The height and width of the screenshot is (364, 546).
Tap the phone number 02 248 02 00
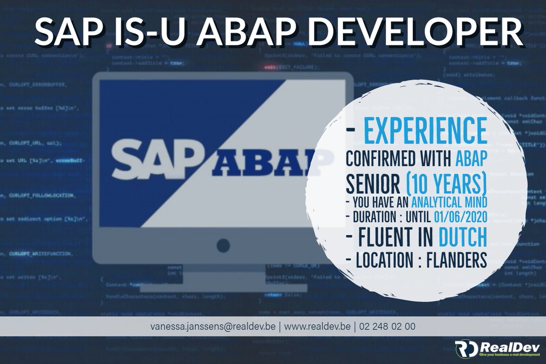pyautogui.click(x=386, y=327)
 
